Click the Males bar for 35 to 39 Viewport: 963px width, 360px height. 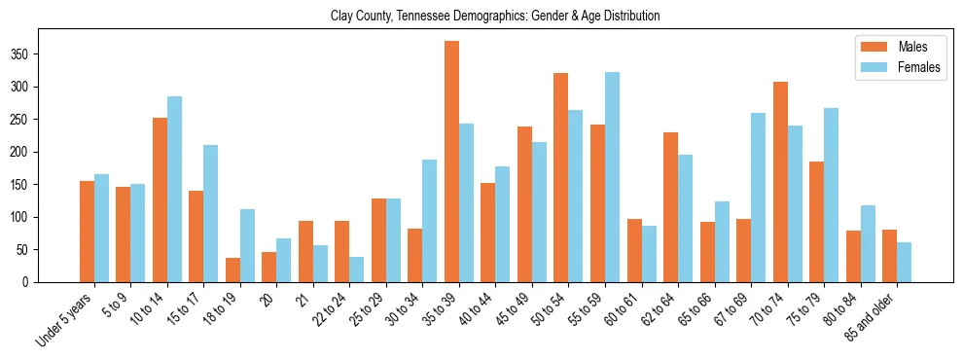pos(451,162)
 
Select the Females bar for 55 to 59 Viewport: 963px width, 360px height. pos(612,177)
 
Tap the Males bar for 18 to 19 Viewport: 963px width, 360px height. pos(232,270)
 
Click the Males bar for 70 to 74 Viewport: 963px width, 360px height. pos(780,182)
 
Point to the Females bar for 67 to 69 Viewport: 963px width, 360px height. pos(758,198)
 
